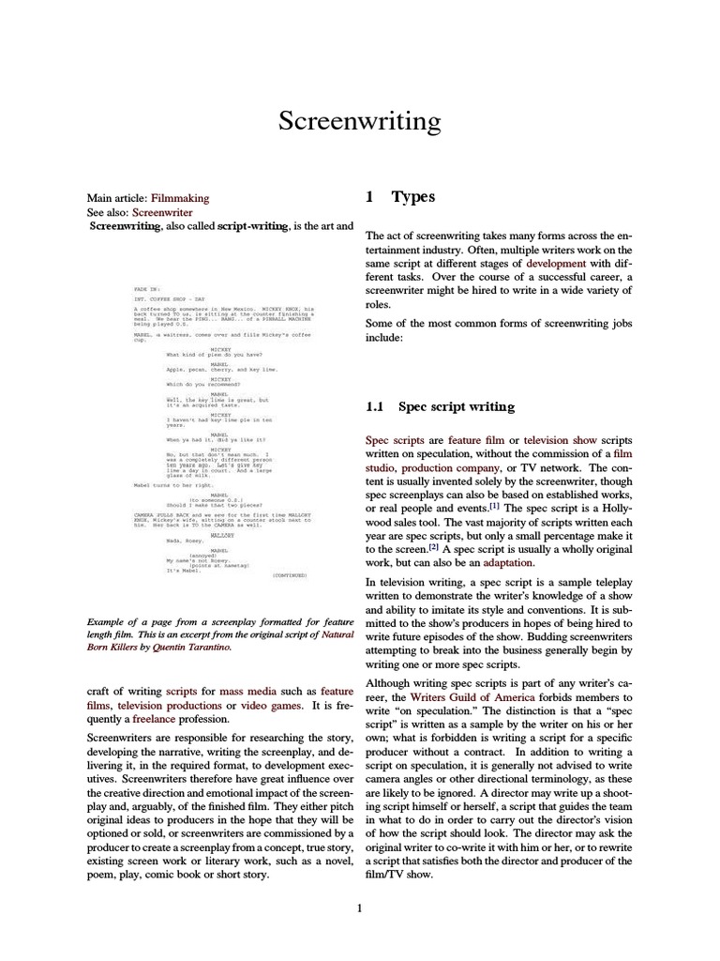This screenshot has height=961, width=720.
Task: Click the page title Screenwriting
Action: click(359, 121)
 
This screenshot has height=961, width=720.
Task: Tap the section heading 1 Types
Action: click(400, 197)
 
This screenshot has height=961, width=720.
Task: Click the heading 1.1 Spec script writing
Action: click(440, 406)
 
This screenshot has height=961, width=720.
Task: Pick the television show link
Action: click(559, 439)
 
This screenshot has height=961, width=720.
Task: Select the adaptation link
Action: click(508, 563)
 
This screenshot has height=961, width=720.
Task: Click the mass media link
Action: click(247, 691)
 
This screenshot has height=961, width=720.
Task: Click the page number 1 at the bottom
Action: click(359, 908)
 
